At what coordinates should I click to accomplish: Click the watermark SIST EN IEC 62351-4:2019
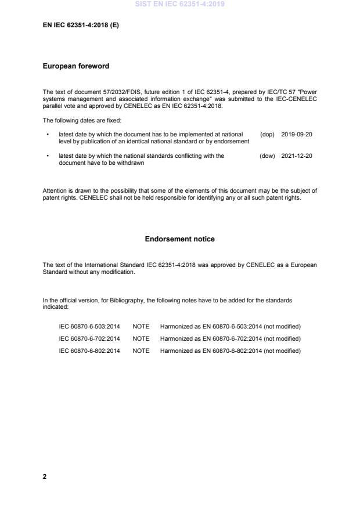coord(179,4)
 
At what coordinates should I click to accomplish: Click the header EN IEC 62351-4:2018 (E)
coord(81,26)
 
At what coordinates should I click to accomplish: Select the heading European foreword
coord(75,66)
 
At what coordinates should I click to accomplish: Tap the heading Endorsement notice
coord(179,239)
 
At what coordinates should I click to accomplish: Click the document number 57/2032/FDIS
coord(107,92)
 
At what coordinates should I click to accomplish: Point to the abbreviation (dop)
coord(267,135)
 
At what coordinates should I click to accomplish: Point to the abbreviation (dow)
coord(267,156)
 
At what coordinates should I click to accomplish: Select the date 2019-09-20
coord(297,135)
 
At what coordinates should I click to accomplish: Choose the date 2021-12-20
coord(297,156)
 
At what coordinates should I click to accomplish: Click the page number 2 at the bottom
coord(45,476)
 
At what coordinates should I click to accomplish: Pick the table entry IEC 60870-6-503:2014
coord(89,327)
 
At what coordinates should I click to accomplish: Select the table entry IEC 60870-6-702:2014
coord(89,339)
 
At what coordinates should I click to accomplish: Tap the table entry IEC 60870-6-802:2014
coord(89,351)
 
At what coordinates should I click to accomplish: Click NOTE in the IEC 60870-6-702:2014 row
coord(141,339)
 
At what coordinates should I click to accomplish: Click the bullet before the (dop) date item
coord(47,135)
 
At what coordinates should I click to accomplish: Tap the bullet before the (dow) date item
coord(47,156)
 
